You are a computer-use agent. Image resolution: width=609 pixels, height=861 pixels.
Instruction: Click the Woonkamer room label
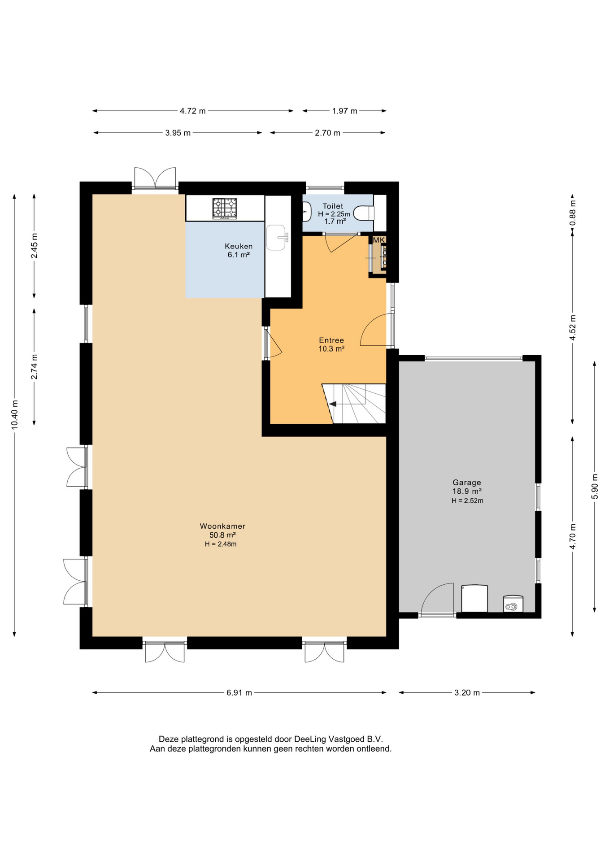pyautogui.click(x=222, y=526)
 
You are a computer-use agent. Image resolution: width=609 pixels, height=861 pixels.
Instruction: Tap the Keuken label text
pyautogui.click(x=239, y=246)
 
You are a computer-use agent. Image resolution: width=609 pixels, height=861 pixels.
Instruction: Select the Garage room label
pyautogui.click(x=467, y=483)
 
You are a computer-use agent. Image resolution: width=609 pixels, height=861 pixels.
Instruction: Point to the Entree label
pyautogui.click(x=331, y=340)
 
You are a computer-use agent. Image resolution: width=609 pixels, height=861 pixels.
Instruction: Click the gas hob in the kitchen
pyautogui.click(x=225, y=209)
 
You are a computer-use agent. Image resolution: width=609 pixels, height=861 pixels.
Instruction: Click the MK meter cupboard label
pyautogui.click(x=379, y=240)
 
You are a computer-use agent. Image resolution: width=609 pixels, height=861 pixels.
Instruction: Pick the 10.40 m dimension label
pyautogui.click(x=15, y=414)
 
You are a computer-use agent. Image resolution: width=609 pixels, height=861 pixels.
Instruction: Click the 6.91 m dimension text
pyautogui.click(x=239, y=693)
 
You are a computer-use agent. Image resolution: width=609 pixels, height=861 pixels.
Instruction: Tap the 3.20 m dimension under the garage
pyautogui.click(x=467, y=693)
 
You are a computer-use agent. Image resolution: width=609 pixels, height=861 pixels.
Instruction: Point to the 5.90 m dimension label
pyautogui.click(x=595, y=486)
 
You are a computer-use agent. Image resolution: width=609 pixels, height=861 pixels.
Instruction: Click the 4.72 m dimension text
pyautogui.click(x=193, y=111)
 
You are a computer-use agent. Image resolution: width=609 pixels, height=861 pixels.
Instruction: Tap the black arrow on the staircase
pyautogui.click(x=333, y=404)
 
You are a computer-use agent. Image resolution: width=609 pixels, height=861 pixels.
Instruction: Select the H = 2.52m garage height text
pyautogui.click(x=467, y=500)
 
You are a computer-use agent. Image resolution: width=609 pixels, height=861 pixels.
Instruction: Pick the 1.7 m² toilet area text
pyautogui.click(x=335, y=222)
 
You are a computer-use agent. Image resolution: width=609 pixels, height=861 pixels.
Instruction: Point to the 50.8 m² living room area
pyautogui.click(x=222, y=535)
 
